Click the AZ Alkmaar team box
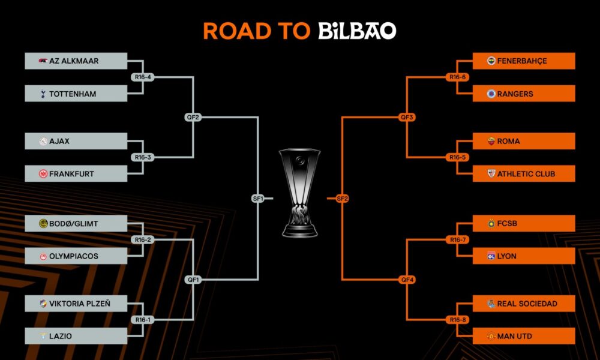(x=76, y=61)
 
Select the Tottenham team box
(x=76, y=94)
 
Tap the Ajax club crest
(x=43, y=141)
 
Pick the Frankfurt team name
(x=71, y=173)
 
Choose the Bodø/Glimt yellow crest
(x=43, y=223)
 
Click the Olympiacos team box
(x=76, y=256)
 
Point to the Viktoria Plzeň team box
(x=76, y=304)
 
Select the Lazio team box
(x=76, y=336)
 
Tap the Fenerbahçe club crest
(x=491, y=61)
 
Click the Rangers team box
(x=524, y=94)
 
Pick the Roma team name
(x=509, y=141)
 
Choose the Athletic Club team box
(x=524, y=173)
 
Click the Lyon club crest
(x=491, y=256)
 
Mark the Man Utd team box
(x=524, y=336)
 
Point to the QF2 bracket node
(x=193, y=118)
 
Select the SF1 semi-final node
(x=258, y=199)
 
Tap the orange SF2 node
(x=342, y=199)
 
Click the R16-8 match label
(x=458, y=320)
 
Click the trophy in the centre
(x=299, y=193)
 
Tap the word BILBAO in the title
(x=357, y=31)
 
